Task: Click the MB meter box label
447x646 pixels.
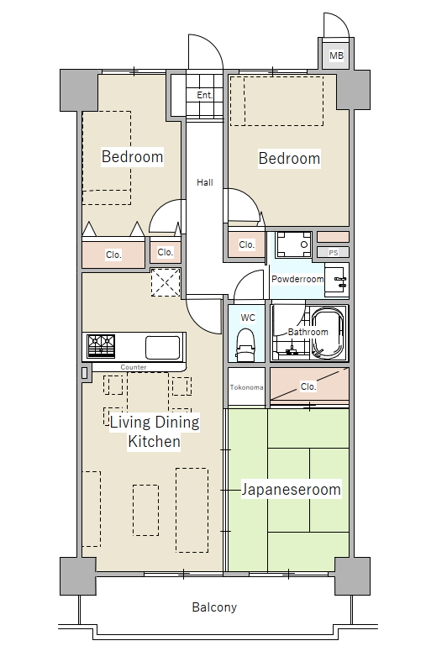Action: pyautogui.click(x=337, y=55)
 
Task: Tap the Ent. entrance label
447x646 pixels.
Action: pyautogui.click(x=205, y=95)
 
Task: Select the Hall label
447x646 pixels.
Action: pyautogui.click(x=205, y=182)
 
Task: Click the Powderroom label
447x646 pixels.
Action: pyautogui.click(x=297, y=279)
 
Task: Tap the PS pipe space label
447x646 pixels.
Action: pyautogui.click(x=334, y=253)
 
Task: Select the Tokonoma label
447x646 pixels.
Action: pyautogui.click(x=246, y=387)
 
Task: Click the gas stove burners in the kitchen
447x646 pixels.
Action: pyautogui.click(x=101, y=345)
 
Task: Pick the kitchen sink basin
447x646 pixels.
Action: pyautogui.click(x=163, y=347)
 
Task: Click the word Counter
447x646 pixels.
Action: pyautogui.click(x=134, y=367)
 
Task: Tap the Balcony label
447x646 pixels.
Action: pyautogui.click(x=214, y=607)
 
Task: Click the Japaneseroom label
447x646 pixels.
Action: pyautogui.click(x=292, y=490)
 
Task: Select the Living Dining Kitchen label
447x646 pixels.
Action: pyautogui.click(x=155, y=432)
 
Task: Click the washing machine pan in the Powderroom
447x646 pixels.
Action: pyautogui.click(x=294, y=244)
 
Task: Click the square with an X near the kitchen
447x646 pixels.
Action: pyautogui.click(x=166, y=282)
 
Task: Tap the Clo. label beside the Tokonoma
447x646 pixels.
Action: pyautogui.click(x=308, y=386)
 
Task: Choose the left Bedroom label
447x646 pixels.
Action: pyautogui.click(x=132, y=156)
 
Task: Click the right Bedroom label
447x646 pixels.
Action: pyautogui.click(x=289, y=158)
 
